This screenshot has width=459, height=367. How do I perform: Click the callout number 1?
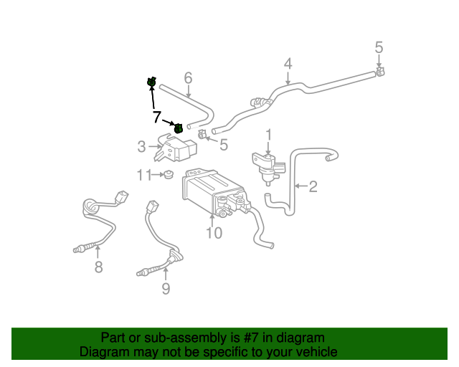pyautogui.click(x=269, y=134)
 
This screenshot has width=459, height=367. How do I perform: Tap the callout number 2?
pyautogui.click(x=313, y=187)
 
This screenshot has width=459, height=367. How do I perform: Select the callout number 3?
pyautogui.click(x=142, y=148)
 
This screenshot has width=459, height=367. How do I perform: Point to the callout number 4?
pyautogui.click(x=288, y=64)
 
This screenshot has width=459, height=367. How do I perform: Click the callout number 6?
pyautogui.click(x=189, y=77)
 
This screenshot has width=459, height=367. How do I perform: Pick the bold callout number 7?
pyautogui.click(x=156, y=116)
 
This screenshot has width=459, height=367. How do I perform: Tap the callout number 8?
pyautogui.click(x=99, y=267)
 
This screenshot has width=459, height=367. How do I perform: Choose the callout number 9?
pyautogui.click(x=166, y=289)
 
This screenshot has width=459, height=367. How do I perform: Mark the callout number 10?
pyautogui.click(x=214, y=232)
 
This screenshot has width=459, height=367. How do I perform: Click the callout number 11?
pyautogui.click(x=144, y=174)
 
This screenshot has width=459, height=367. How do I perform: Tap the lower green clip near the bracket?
pyautogui.click(x=178, y=128)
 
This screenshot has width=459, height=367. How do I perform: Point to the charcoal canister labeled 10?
pyautogui.click(x=212, y=189)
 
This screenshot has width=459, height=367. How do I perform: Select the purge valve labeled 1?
pyautogui.click(x=267, y=163)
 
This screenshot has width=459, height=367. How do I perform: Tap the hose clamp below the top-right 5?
pyautogui.click(x=379, y=71)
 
